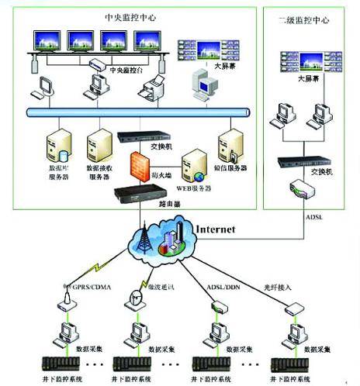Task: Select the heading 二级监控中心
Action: pos(309,21)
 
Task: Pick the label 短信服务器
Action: pos(230,167)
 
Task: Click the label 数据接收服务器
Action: pos(102,171)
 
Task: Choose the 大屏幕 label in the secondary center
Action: pos(309,78)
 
